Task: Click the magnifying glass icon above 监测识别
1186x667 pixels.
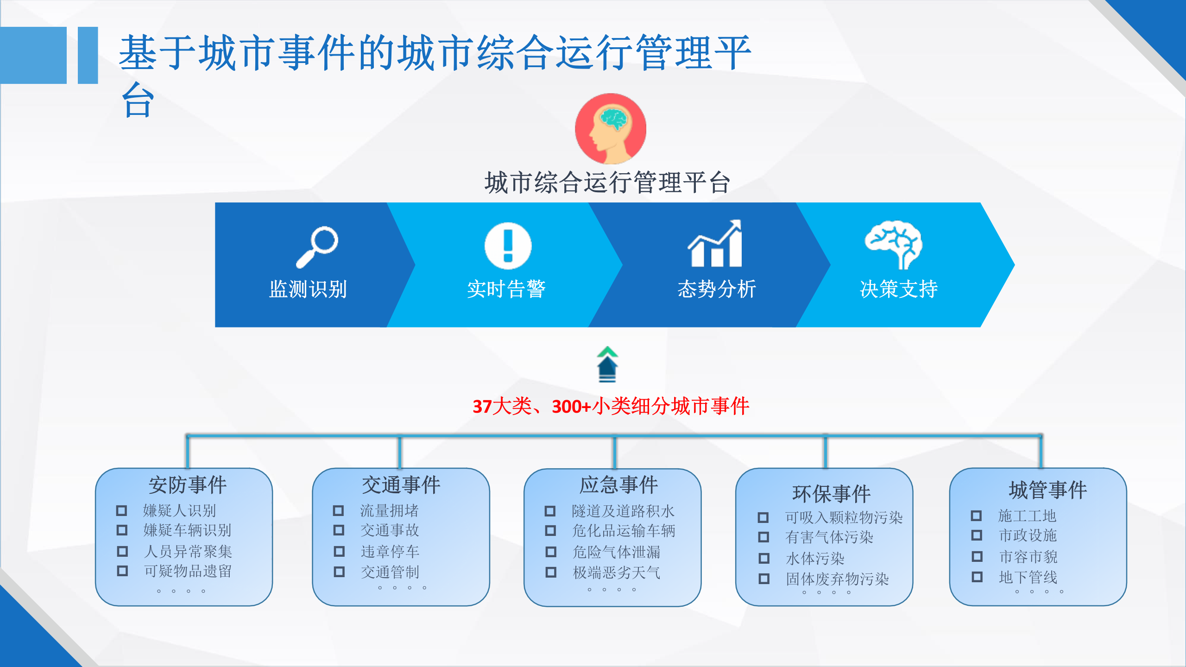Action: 317,246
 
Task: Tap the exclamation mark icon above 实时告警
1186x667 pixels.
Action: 508,245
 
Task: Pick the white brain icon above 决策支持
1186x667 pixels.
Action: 894,245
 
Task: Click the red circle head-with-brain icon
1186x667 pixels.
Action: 611,129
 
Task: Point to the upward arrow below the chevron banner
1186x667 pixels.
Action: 607,365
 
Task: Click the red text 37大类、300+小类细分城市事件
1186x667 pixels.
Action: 611,406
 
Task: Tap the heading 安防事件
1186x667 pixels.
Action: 188,485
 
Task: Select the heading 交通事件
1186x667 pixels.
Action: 401,485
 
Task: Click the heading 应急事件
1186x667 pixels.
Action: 618,485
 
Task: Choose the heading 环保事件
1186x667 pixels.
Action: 832,494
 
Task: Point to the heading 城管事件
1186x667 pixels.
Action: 1048,490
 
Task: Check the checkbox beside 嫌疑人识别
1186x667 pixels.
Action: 121,510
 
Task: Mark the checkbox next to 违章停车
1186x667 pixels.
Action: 340,551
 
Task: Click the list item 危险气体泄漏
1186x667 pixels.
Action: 616,552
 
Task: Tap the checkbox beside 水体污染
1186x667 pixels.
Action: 764,558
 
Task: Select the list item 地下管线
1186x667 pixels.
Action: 1028,577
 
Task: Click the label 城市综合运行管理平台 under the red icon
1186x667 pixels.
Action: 607,182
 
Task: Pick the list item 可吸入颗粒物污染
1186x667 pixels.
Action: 844,517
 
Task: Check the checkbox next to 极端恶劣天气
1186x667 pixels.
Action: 551,573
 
